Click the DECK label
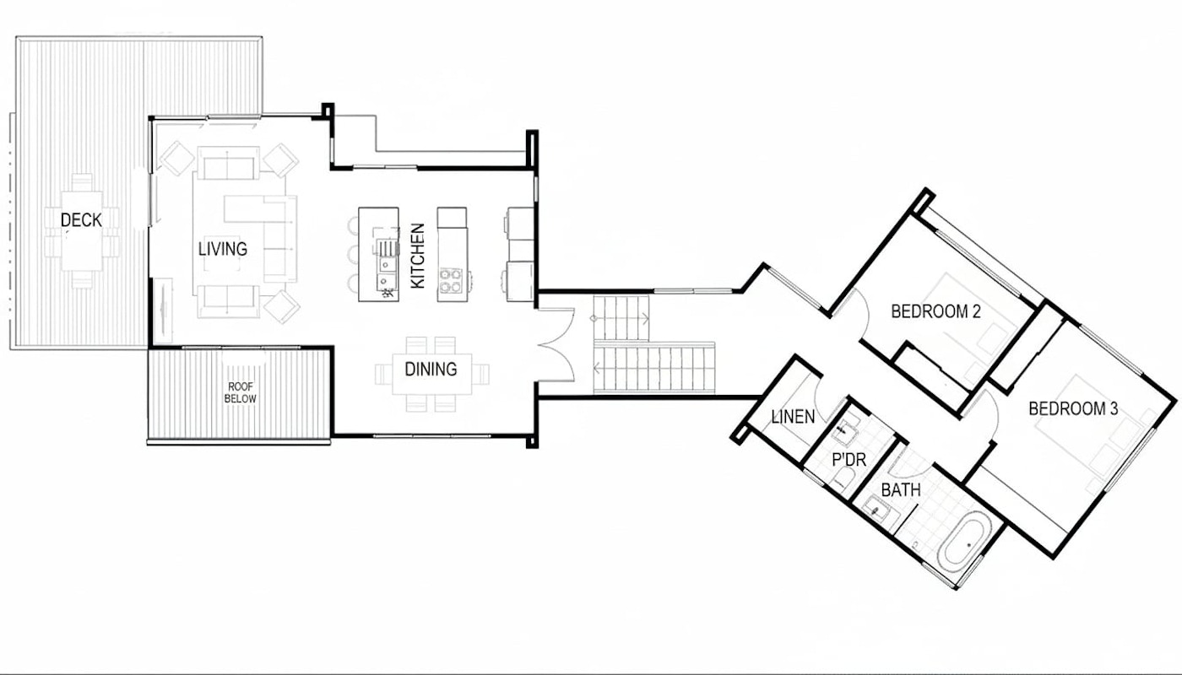click(81, 220)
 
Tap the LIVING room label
click(223, 249)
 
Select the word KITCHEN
click(417, 256)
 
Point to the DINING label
click(431, 370)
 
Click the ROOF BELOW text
click(241, 393)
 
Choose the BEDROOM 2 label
click(935, 311)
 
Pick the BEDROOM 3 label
click(1073, 408)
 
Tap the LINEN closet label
click(793, 417)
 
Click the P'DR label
click(849, 460)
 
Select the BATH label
click(901, 490)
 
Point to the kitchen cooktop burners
click(451, 280)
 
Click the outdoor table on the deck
click(82, 231)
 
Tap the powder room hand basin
click(847, 430)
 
